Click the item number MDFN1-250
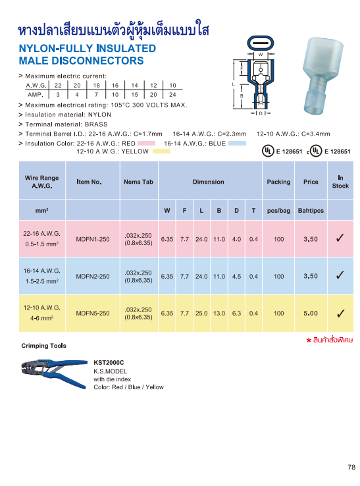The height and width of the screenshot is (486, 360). [x=92, y=239]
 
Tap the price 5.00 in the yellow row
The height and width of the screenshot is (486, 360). [x=311, y=313]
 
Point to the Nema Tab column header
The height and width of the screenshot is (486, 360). [x=138, y=182]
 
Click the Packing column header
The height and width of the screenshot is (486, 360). [x=278, y=182]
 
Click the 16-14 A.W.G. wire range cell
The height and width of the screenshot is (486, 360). [x=42, y=270]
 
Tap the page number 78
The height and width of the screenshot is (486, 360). [x=351, y=468]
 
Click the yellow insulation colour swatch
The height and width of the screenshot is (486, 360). [x=161, y=151]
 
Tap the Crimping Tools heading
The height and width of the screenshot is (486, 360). [x=43, y=346]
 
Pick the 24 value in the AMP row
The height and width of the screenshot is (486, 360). [x=172, y=95]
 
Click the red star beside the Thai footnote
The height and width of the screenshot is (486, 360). [x=308, y=340]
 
